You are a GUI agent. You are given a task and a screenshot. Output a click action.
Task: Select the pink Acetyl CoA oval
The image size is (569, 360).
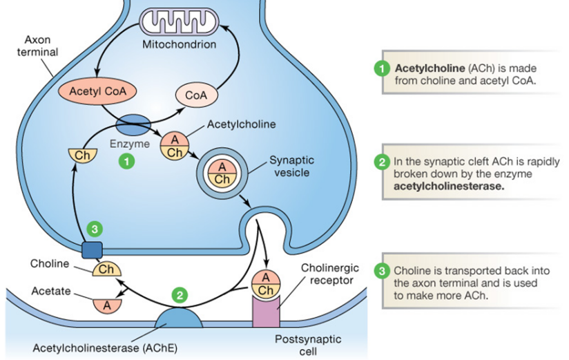point(93,91)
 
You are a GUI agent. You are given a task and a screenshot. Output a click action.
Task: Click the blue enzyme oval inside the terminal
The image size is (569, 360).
point(132,125)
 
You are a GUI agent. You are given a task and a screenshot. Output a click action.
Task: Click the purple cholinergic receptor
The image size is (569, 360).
point(266,309)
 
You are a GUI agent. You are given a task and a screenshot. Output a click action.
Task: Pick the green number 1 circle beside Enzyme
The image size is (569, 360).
point(126,161)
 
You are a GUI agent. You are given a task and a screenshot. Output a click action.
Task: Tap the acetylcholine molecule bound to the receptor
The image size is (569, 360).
point(266,283)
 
